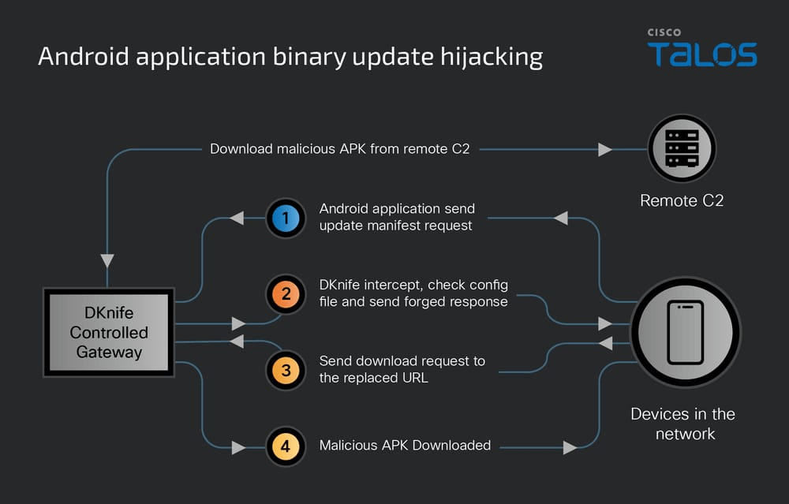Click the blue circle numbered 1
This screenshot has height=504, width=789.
(x=286, y=218)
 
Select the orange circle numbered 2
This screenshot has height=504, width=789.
(x=286, y=294)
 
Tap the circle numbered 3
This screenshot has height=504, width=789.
(x=286, y=370)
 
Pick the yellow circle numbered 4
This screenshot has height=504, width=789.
(x=286, y=446)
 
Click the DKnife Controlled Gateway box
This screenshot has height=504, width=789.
(x=110, y=332)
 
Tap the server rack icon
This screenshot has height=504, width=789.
(x=681, y=148)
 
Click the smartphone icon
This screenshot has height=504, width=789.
(x=685, y=331)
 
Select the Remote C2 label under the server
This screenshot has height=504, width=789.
(x=682, y=200)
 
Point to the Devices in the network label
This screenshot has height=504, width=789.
(x=683, y=424)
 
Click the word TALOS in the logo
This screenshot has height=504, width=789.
(x=702, y=54)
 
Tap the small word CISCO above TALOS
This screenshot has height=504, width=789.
(x=664, y=32)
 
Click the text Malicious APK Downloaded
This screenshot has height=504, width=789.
(x=405, y=446)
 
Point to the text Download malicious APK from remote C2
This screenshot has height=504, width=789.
(x=339, y=148)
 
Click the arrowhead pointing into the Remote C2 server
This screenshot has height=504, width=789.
(x=604, y=148)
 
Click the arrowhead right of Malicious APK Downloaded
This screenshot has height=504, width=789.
(x=570, y=448)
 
